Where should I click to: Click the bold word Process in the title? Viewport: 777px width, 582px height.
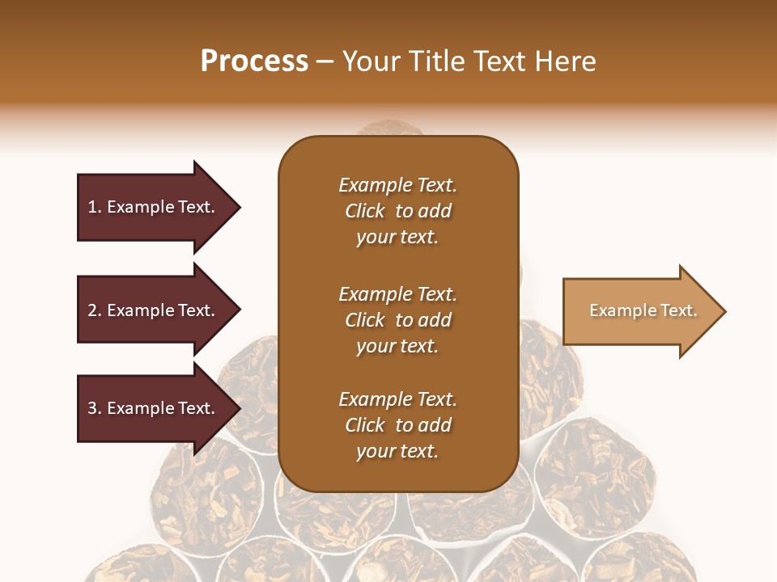coord(254,61)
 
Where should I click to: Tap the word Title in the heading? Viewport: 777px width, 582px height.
coord(436,61)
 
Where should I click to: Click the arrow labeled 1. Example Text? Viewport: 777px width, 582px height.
coord(154,207)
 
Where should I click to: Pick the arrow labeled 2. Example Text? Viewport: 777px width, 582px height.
coord(154,310)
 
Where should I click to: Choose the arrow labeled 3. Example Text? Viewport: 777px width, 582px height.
coord(154,408)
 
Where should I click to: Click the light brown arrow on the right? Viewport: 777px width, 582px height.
coord(639,311)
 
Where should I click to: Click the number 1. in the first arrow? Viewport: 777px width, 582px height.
coord(95,207)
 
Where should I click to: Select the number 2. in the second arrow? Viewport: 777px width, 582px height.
coord(95,310)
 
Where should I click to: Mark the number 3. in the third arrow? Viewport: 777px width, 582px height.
coord(95,408)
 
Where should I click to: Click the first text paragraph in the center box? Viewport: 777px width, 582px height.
coord(397,211)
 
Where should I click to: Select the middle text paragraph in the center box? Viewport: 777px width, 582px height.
coord(397,320)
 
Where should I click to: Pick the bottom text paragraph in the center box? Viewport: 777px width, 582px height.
coord(397,425)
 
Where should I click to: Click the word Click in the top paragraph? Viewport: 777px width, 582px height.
coord(364,211)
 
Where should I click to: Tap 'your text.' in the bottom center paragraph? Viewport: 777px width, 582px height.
coord(397,452)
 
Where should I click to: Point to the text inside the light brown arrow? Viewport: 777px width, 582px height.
coord(643,310)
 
